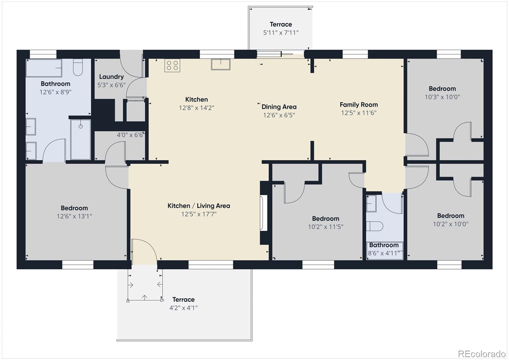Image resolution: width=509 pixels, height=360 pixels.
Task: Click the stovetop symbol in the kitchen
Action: pyautogui.click(x=172, y=65)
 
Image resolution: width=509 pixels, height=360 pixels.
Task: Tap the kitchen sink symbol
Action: pyautogui.click(x=220, y=64)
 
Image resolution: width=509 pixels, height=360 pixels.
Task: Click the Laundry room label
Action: pyautogui.click(x=111, y=77)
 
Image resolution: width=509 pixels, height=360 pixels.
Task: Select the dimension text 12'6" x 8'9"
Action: pyautogui.click(x=55, y=92)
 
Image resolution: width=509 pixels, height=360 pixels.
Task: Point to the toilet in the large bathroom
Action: pyautogui.click(x=78, y=67)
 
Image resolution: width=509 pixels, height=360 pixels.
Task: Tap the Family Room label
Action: pyautogui.click(x=359, y=105)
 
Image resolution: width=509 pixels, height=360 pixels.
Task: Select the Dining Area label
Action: pyautogui.click(x=279, y=107)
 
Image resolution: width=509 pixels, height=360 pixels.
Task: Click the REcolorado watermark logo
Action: pyautogui.click(x=481, y=354)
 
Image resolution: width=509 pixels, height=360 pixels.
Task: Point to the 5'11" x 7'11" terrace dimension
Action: pyautogui.click(x=281, y=33)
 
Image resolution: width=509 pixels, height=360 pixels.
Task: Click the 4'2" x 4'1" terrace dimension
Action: pyautogui.click(x=183, y=308)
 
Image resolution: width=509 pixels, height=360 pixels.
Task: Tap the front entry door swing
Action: pyautogui.click(x=144, y=251)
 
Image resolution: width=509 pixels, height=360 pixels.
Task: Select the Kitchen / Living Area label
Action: pyautogui.click(x=199, y=206)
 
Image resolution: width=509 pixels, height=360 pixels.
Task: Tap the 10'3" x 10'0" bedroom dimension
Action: pyautogui.click(x=442, y=97)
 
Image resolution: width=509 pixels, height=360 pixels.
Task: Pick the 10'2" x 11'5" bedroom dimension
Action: pyautogui.click(x=325, y=227)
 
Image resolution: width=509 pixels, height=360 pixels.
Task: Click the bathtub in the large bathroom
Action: pyautogui.click(x=44, y=68)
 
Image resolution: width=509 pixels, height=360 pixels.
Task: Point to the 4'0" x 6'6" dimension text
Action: pyautogui.click(x=130, y=135)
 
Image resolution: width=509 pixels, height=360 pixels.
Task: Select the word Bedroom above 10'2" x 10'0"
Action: pyautogui.click(x=450, y=216)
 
